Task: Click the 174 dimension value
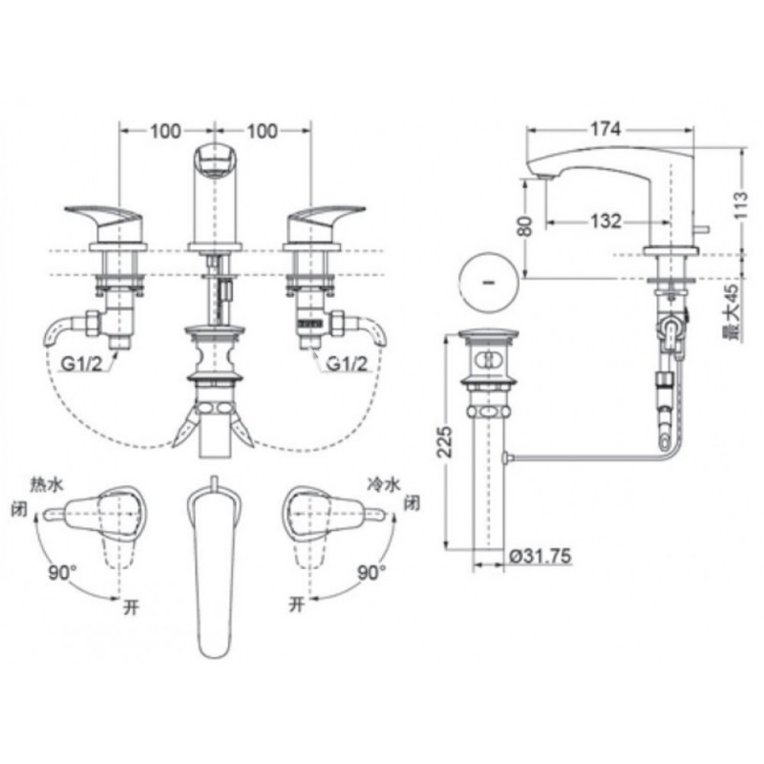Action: pos(605,129)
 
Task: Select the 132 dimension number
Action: pos(605,222)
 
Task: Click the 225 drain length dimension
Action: pos(444,441)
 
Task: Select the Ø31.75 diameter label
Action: pos(539,556)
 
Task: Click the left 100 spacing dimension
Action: pos(165,131)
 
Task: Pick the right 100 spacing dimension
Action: pos(262,131)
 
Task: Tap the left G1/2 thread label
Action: pos(81,364)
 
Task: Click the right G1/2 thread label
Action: pos(347,364)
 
